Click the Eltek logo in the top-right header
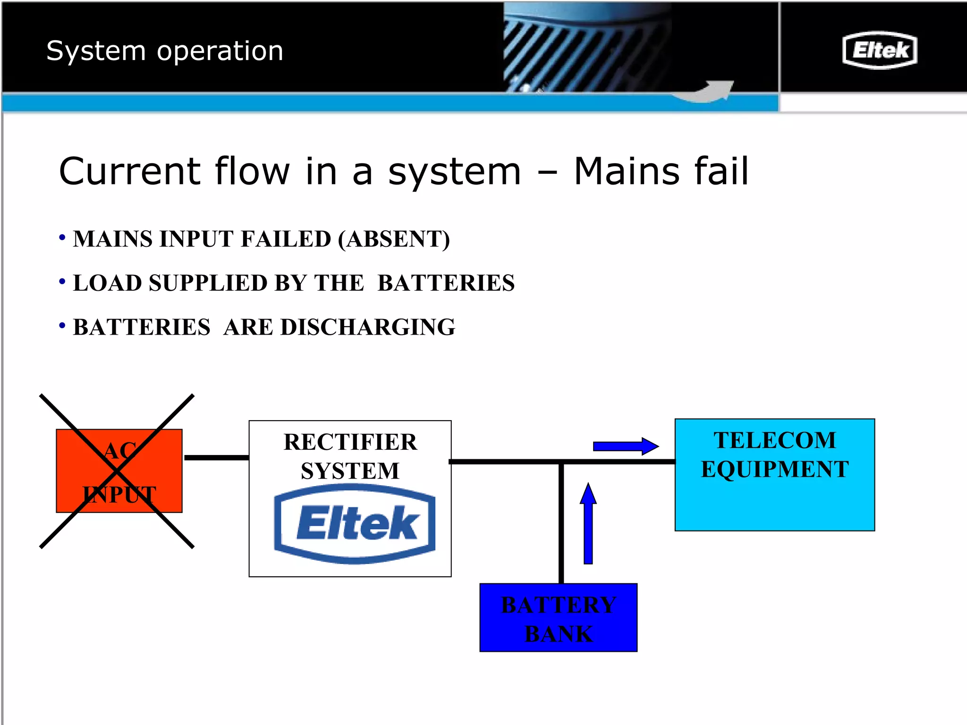click(x=879, y=50)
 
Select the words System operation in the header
click(x=165, y=51)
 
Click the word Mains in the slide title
click(x=626, y=171)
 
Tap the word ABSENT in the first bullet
click(x=393, y=239)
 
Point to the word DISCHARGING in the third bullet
click(x=367, y=327)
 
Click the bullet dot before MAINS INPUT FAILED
click(x=62, y=237)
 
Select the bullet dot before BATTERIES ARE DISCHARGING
click(x=62, y=326)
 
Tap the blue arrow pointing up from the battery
click(x=588, y=523)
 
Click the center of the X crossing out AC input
click(x=117, y=471)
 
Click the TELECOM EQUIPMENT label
click(x=774, y=455)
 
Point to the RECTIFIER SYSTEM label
click(x=350, y=456)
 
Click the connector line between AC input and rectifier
click(x=216, y=457)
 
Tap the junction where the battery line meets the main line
click(x=561, y=462)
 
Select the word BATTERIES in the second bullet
click(x=446, y=283)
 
